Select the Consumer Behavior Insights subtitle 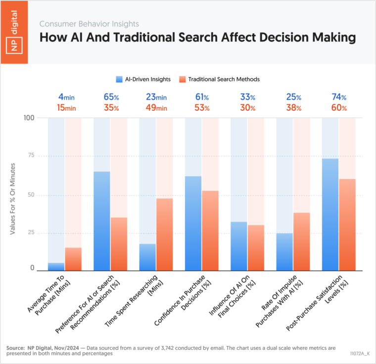(89, 24)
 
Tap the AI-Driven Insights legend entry (143, 79)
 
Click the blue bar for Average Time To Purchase (56, 267)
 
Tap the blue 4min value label (59, 97)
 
